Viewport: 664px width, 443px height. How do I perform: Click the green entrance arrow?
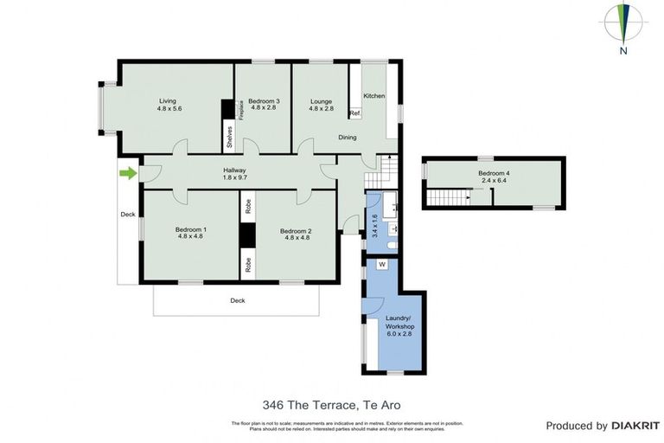click(x=128, y=174)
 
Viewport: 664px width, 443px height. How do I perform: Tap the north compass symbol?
click(x=622, y=26)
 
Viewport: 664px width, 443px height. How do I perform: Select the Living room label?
click(x=167, y=104)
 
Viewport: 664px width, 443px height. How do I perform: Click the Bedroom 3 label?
click(x=263, y=105)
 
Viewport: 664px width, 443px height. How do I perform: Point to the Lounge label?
click(x=321, y=105)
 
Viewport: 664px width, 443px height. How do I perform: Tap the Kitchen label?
click(x=373, y=95)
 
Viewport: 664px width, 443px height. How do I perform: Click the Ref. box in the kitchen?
click(x=354, y=113)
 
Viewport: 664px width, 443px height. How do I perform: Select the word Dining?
click(x=347, y=138)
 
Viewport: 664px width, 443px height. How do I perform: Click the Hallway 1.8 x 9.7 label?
click(x=235, y=173)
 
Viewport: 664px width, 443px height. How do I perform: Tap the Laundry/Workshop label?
click(x=400, y=330)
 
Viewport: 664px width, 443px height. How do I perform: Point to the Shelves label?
click(x=229, y=136)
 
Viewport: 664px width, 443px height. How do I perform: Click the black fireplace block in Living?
click(x=228, y=110)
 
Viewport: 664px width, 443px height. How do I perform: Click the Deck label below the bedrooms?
click(x=237, y=301)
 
